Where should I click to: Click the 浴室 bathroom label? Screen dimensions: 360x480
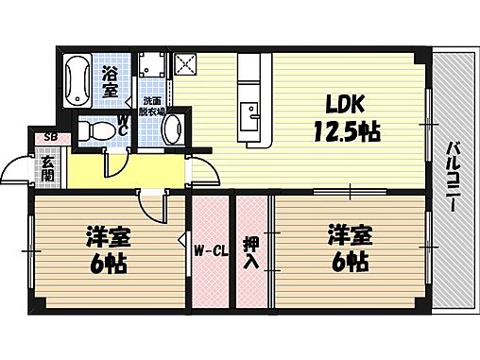pyautogui.click(x=111, y=82)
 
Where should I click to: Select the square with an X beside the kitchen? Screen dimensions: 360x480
pyautogui.click(x=184, y=65)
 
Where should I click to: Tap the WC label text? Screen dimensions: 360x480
pyautogui.click(x=123, y=124)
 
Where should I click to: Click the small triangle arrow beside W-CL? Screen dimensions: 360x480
pyautogui.click(x=183, y=240)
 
